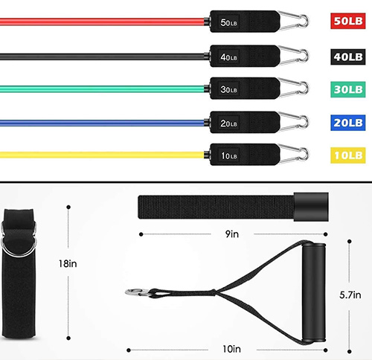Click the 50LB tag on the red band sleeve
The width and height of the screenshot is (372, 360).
229,23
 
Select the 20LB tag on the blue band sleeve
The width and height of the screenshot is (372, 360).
229,123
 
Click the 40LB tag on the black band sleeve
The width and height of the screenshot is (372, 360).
229,57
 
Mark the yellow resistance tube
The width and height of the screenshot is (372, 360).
97,155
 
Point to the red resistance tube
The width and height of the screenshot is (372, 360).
97,22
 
